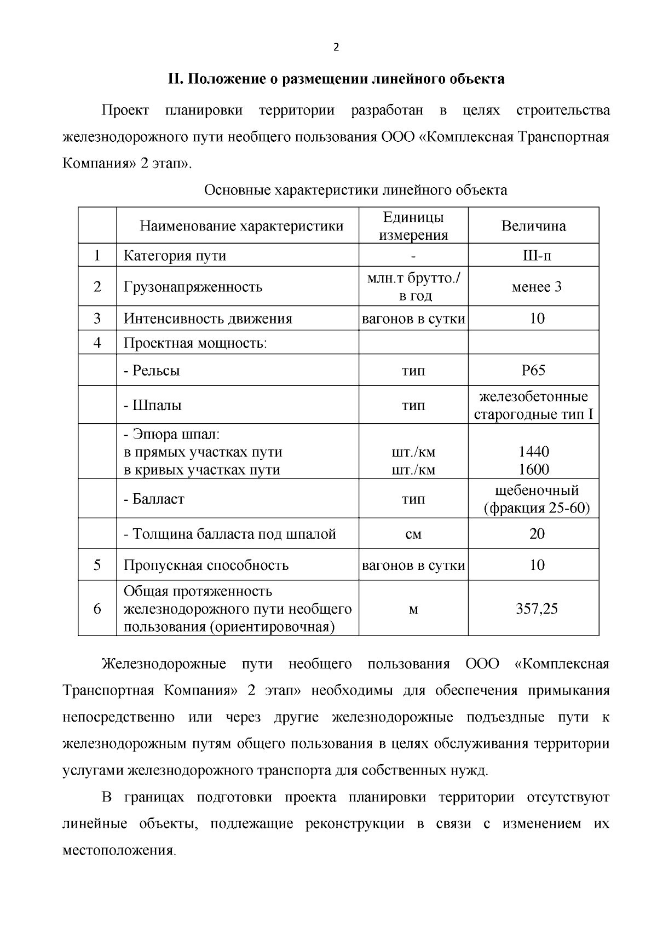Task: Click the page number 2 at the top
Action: (336, 47)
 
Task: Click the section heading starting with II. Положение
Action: (336, 79)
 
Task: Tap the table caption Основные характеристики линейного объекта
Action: (355, 190)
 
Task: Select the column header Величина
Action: (533, 226)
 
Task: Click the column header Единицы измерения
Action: (413, 226)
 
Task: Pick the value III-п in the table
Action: (533, 256)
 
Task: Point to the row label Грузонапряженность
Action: (193, 287)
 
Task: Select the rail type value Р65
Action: (533, 370)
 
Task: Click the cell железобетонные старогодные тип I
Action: (533, 405)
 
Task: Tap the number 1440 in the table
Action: (533, 452)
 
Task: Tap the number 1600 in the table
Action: (533, 470)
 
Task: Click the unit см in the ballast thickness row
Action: (413, 534)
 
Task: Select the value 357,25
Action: (536, 609)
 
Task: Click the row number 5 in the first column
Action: (97, 565)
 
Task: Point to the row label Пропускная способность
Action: (206, 565)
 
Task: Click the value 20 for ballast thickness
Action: (536, 534)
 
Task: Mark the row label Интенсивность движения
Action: (208, 319)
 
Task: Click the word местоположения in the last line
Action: (119, 851)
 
